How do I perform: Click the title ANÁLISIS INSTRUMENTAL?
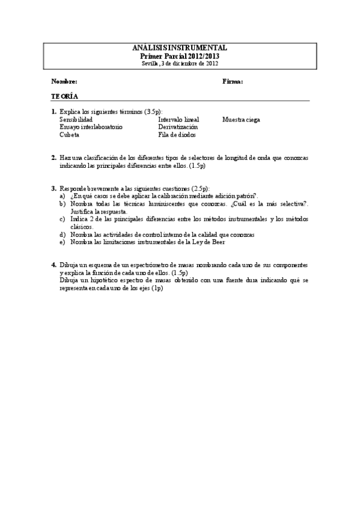click(180, 48)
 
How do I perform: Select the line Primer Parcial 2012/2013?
click(180, 55)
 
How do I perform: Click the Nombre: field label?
click(64, 81)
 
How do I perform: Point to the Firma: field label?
click(233, 81)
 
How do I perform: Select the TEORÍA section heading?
click(64, 96)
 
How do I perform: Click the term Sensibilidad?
click(76, 120)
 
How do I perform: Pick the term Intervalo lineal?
click(178, 120)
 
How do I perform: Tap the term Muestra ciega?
click(241, 120)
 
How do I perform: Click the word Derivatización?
click(178, 127)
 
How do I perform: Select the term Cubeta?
click(69, 135)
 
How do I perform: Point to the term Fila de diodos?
click(177, 135)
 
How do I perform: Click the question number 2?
click(53, 158)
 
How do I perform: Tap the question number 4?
click(53, 265)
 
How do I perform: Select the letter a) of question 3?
click(63, 195)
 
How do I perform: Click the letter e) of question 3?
click(63, 242)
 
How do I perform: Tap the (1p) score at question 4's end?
click(157, 288)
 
